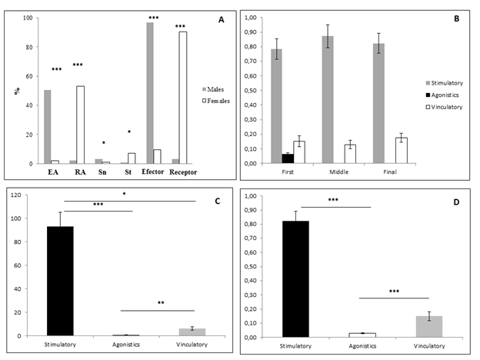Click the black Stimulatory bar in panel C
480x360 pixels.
coord(74,282)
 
